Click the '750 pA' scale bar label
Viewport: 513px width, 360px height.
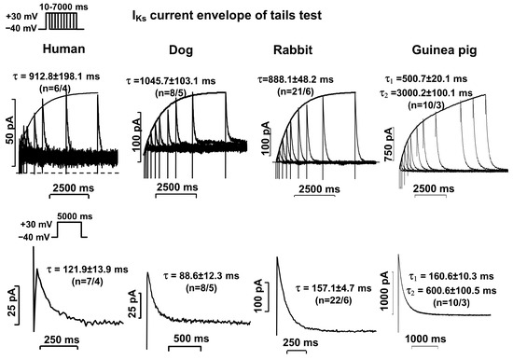(390, 159)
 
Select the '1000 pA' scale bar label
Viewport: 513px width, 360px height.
(389, 288)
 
